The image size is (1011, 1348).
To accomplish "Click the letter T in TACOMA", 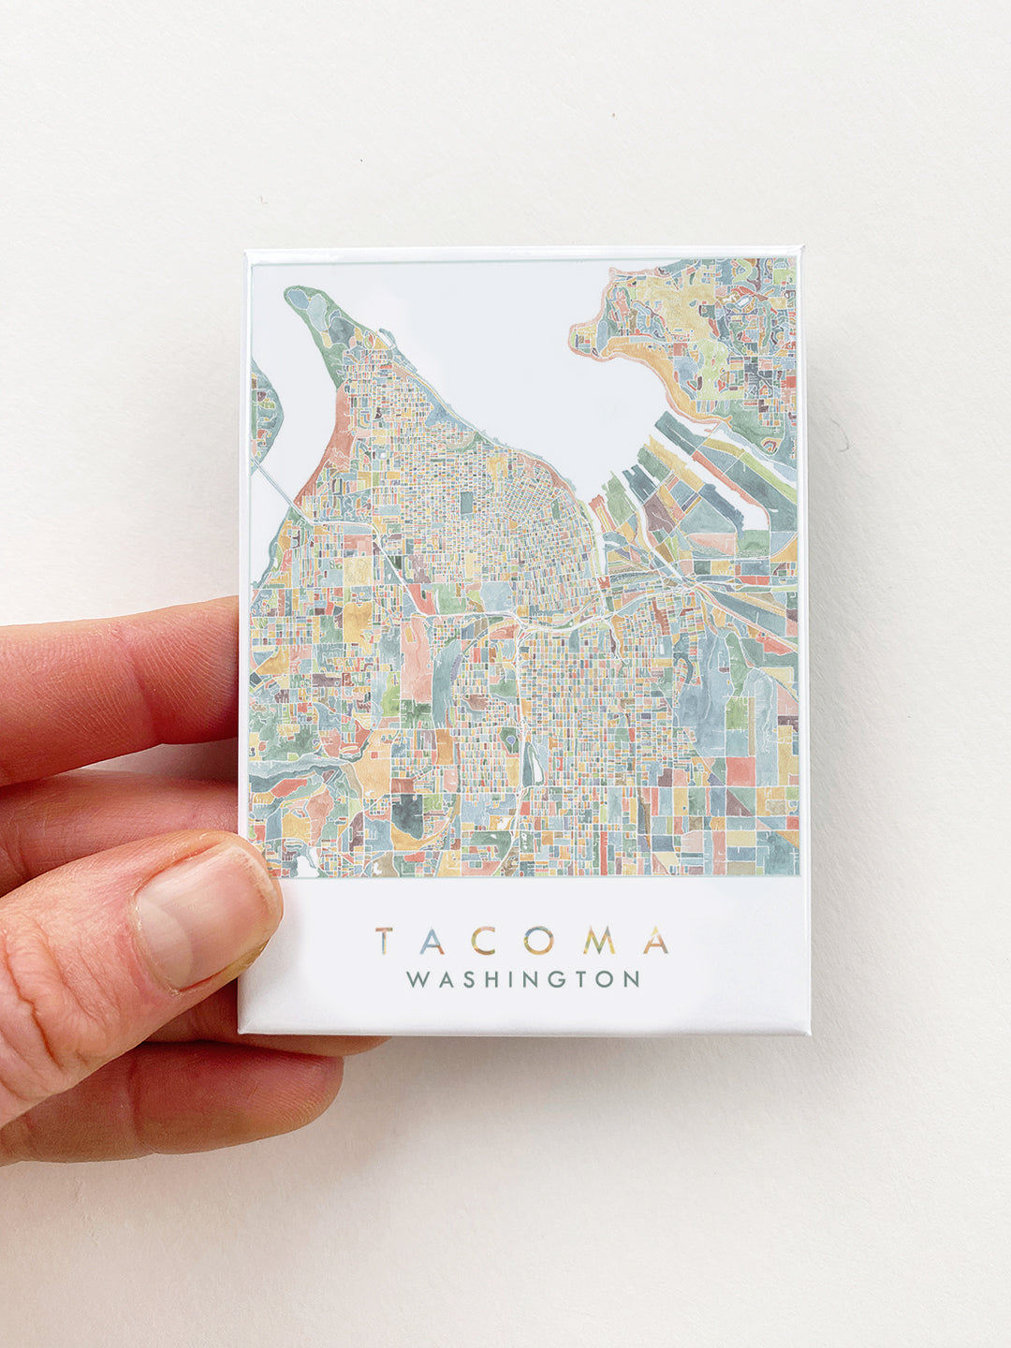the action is coord(385,941).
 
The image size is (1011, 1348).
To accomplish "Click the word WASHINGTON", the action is coord(523,980).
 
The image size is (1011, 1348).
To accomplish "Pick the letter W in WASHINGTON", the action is coord(418,980).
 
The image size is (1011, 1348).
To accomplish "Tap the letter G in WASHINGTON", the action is coord(562,980).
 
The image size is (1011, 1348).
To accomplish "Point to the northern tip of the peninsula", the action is coord(294,293).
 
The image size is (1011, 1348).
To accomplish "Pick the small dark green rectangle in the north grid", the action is coord(466,503).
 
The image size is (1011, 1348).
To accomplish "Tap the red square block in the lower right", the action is coord(740,769).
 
